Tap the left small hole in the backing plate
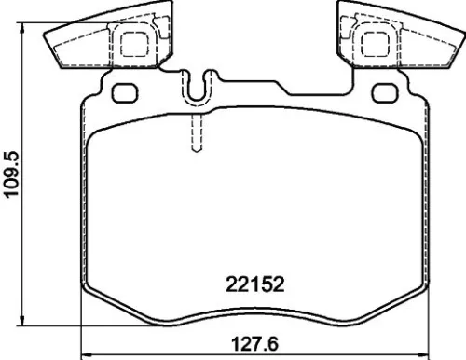pos(122,94)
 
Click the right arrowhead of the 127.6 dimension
pos(426,353)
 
